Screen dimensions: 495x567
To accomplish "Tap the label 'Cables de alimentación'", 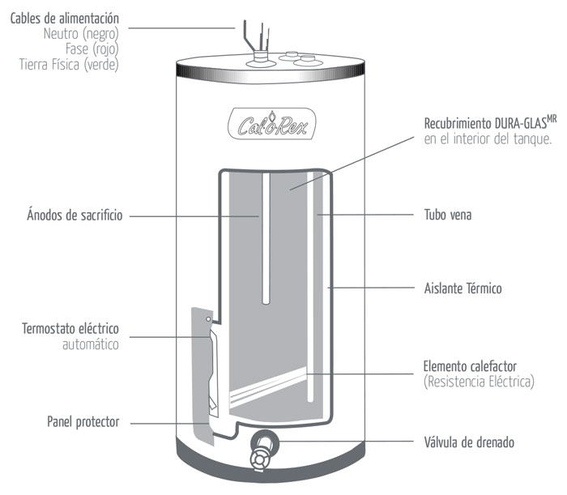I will point(65,18).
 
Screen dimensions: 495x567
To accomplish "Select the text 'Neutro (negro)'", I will point(82,34).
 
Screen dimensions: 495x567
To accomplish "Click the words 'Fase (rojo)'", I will point(91,49).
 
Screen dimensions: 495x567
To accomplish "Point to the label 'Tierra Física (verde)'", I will point(69,65).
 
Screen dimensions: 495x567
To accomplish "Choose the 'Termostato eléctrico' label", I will point(70,329).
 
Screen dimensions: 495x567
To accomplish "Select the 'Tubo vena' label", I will point(448,215).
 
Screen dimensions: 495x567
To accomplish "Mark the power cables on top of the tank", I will point(253,36).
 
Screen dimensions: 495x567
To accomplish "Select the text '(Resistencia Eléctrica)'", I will point(479,381).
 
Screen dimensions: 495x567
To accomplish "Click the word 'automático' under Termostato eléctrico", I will point(90,344).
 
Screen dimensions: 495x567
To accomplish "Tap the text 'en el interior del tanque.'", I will point(476,139).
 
